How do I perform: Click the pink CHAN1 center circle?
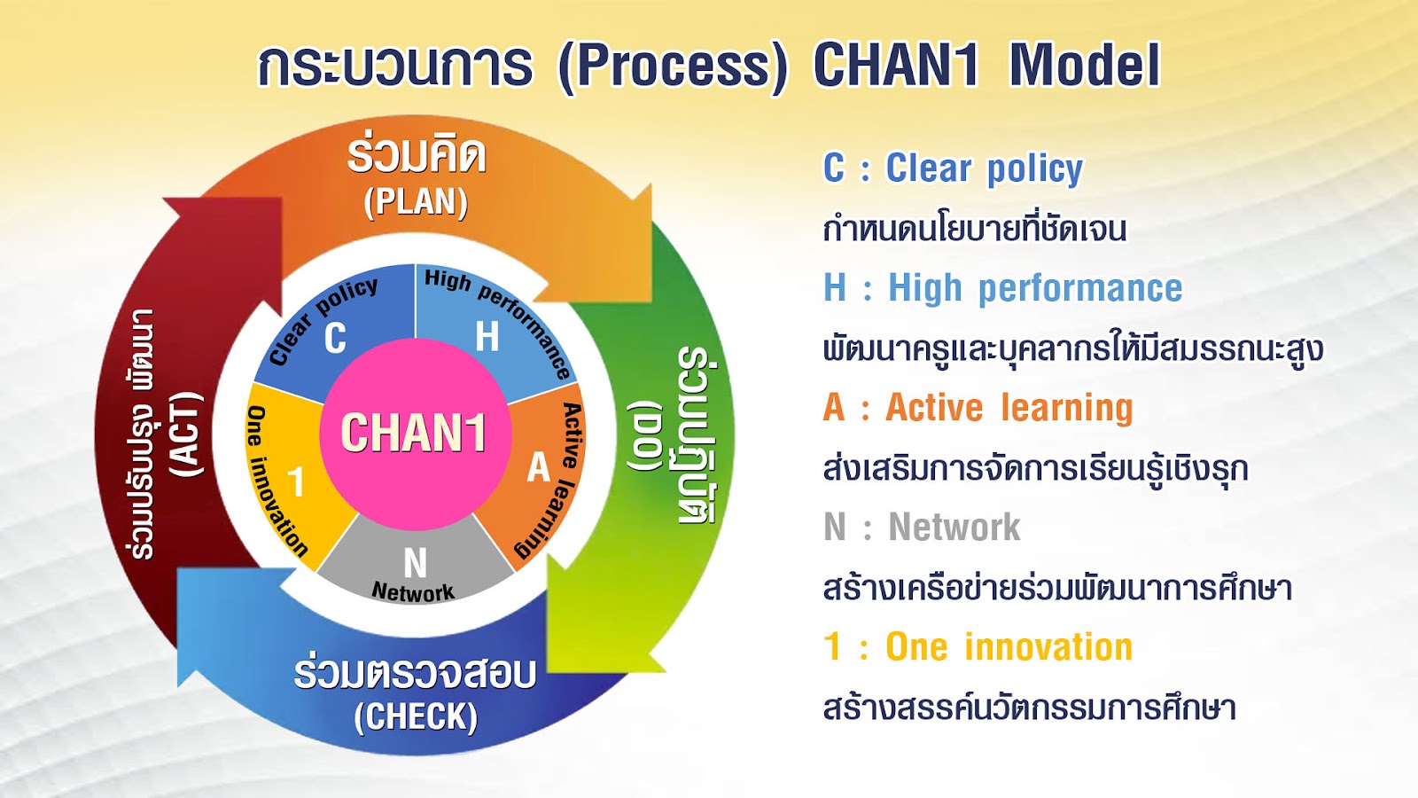pos(416,434)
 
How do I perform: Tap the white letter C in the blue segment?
pos(336,338)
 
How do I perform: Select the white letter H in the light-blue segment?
pos(487,336)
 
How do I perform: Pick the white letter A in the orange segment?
pos(539,467)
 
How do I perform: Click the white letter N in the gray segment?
pos(416,562)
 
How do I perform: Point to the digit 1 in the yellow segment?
pos(296,482)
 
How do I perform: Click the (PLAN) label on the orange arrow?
pos(416,203)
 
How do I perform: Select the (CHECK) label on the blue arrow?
pos(416,717)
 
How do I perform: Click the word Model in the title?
pos(1085,66)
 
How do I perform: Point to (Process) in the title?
pos(673,66)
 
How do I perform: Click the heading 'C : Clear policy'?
pos(954,168)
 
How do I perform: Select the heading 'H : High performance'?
pos(1002,289)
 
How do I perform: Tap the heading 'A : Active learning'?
pos(978,407)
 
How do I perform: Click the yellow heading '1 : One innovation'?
pos(978,646)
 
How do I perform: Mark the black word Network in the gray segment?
pos(413,591)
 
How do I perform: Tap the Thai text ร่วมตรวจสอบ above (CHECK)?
pos(416,673)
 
